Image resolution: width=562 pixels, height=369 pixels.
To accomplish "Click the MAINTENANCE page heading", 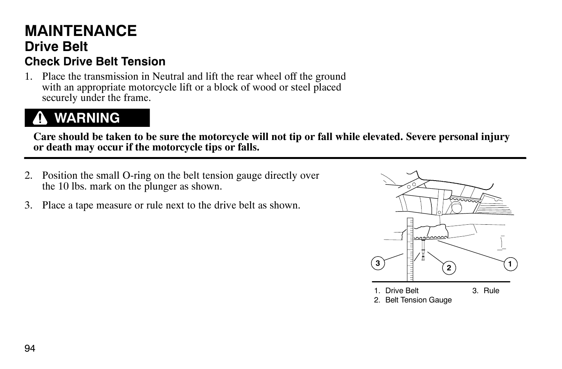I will coord(80,31).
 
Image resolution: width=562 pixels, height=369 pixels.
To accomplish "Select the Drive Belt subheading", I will coord(56,46).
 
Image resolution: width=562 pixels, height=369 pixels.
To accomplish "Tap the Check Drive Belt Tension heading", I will coord(95,62).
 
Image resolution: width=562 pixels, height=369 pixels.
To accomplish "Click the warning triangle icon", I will coord(40,118).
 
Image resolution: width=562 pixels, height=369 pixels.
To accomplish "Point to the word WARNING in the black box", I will coord(87,118).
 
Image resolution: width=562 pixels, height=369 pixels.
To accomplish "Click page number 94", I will coord(30,348).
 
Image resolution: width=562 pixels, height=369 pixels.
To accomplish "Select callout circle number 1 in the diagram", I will coord(510,264).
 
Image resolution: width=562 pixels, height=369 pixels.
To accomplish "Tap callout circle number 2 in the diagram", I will coord(449,268).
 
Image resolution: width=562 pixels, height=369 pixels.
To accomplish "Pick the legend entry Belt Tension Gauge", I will coord(418,300).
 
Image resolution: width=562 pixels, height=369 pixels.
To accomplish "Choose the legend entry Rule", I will coord(491,290).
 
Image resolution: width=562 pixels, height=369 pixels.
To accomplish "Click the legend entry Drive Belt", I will coord(402,290).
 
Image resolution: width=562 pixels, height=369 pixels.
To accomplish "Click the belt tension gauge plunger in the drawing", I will coord(424,249).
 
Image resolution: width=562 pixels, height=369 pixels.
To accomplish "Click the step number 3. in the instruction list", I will coord(28,205).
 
